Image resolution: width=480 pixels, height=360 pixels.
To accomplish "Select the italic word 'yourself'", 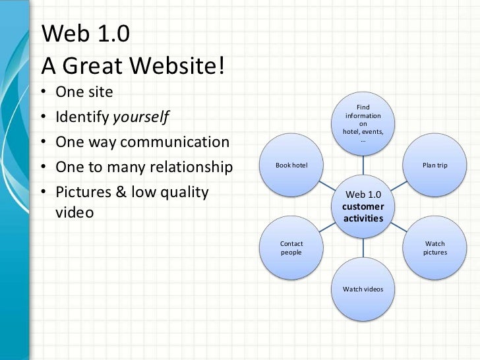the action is (x=141, y=118).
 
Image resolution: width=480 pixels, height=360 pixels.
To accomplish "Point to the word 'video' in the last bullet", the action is (x=75, y=213).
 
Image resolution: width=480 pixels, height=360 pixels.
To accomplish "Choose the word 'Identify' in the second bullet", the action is (x=82, y=118).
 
